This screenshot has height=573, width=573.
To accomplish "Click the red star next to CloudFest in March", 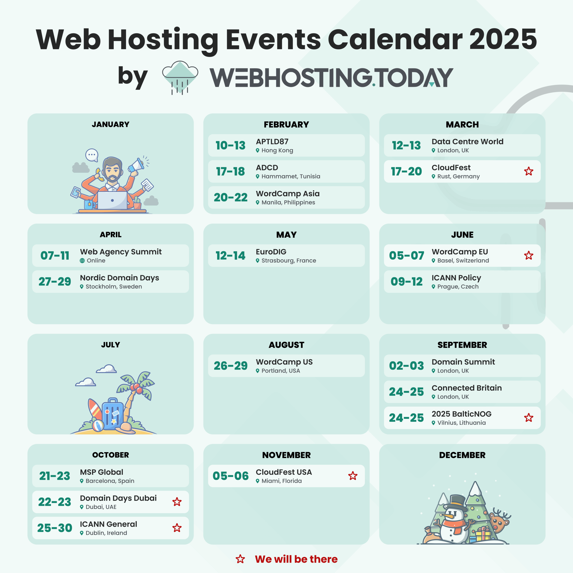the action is [528, 171].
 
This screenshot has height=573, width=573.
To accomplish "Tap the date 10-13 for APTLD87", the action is [231, 145].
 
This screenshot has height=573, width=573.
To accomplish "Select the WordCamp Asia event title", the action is [288, 194].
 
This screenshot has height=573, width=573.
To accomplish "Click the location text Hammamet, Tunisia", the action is [291, 176].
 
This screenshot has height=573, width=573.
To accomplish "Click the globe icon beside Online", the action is [82, 261].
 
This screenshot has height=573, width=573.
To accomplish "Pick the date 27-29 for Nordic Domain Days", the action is [55, 281].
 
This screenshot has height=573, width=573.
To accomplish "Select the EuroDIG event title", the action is [271, 252].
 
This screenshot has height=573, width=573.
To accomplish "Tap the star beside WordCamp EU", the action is [528, 255].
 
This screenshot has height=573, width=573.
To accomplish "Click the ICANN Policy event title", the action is [456, 278].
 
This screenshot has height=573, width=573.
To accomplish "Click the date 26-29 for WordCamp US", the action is [231, 366].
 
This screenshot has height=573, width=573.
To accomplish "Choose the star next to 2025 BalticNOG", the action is [528, 418].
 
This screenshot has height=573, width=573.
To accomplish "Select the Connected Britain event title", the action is [466, 388].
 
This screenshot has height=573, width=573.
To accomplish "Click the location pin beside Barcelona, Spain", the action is [81, 481].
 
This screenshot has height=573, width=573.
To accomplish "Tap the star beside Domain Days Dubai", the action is [177, 502].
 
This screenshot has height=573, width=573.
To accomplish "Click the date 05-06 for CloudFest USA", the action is [231, 476].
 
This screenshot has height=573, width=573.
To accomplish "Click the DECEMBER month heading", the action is [462, 455].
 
